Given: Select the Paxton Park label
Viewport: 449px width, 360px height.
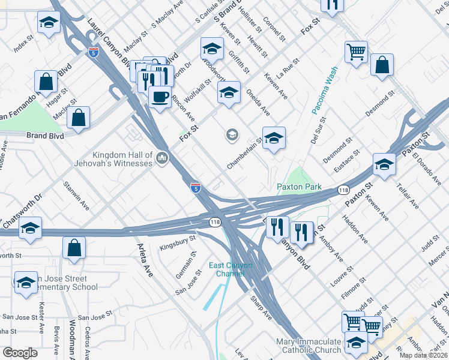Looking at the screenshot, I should coord(299,187).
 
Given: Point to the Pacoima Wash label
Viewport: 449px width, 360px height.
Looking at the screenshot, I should coord(325,90).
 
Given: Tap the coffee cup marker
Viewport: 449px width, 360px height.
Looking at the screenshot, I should coord(160,97).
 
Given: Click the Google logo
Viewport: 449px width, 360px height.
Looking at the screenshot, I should coord(20,353).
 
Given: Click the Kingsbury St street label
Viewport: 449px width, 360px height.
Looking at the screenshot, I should coord(178,242).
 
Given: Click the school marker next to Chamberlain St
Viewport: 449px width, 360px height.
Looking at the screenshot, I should coord(274,139).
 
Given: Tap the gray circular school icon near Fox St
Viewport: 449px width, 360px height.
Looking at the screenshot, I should coord(232,136).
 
